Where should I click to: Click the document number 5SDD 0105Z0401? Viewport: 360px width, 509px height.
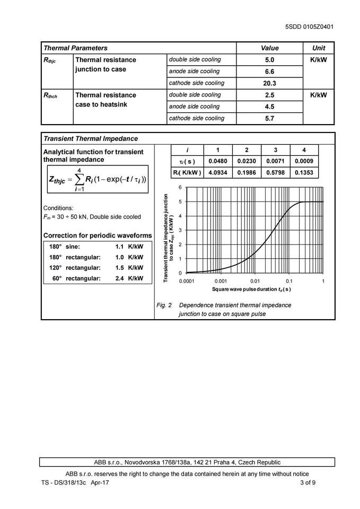coord(309,27)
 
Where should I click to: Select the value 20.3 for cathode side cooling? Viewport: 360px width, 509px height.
coord(269,83)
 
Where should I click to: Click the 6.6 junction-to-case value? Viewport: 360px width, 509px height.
coord(269,72)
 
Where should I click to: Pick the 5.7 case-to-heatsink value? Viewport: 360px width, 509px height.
coord(269,118)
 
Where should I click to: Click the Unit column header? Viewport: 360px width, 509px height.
coord(319,48)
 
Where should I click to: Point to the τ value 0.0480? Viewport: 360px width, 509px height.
coord(217,161)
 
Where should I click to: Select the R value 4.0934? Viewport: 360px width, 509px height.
coord(217,172)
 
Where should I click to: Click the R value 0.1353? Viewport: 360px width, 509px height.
coord(304,172)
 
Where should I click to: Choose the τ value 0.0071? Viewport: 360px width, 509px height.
coord(275,161)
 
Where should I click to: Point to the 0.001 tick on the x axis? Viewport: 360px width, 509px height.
coord(221,280)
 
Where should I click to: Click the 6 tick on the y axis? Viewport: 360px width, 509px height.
coord(180,188)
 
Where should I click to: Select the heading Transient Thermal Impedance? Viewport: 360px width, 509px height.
coord(91,138)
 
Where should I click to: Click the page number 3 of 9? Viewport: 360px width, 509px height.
coord(308,482)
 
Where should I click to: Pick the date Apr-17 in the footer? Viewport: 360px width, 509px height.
coord(100,482)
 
